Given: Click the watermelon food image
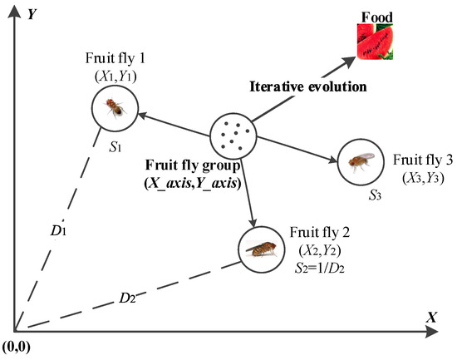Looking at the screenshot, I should point(379,42).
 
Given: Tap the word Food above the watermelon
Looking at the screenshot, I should point(378,16).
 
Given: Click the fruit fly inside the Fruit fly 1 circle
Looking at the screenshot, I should point(114,106).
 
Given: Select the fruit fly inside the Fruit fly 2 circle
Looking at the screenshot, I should point(258,247).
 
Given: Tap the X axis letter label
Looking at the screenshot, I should point(430,318).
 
